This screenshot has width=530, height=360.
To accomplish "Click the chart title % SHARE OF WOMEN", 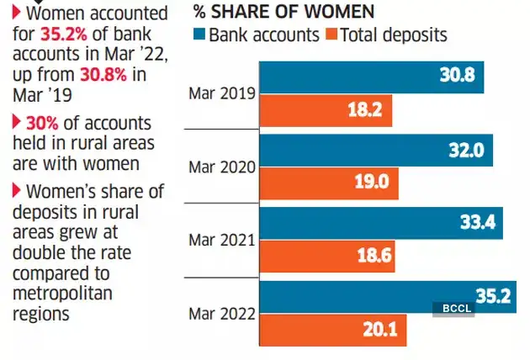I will [284, 12].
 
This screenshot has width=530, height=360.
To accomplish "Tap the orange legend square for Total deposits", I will [331, 35].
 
